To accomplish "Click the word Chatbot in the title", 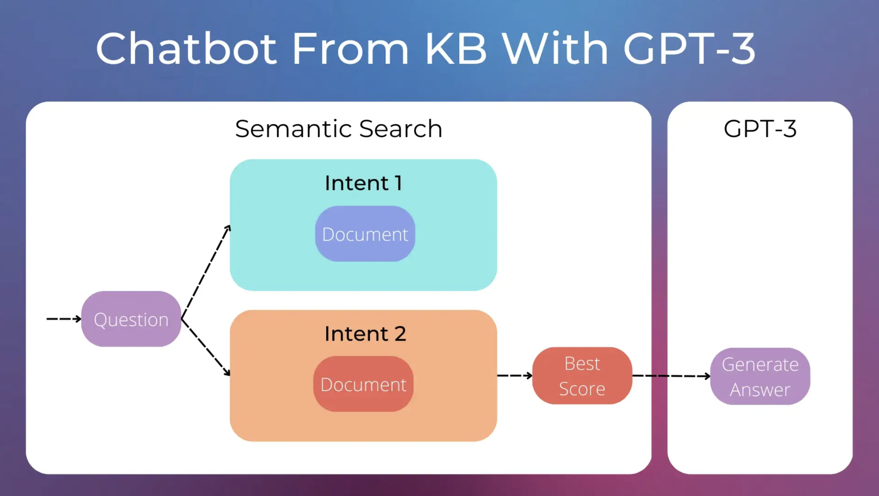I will [x=186, y=48].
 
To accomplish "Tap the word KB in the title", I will [x=456, y=48].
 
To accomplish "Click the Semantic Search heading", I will [x=339, y=129].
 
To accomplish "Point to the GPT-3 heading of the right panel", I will [x=760, y=129].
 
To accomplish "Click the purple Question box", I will [x=131, y=319].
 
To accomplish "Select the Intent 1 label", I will [x=363, y=183].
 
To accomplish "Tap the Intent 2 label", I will [x=365, y=334].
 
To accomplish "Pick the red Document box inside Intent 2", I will [x=363, y=384].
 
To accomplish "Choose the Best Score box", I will [x=582, y=376].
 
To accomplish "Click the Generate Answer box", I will [x=760, y=376].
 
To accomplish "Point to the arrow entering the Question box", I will [x=64, y=319].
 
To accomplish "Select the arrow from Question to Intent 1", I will [x=206, y=272].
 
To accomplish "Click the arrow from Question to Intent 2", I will [x=206, y=347].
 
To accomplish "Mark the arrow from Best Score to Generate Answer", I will [x=671, y=376].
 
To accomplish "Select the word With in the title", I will [x=555, y=48].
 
